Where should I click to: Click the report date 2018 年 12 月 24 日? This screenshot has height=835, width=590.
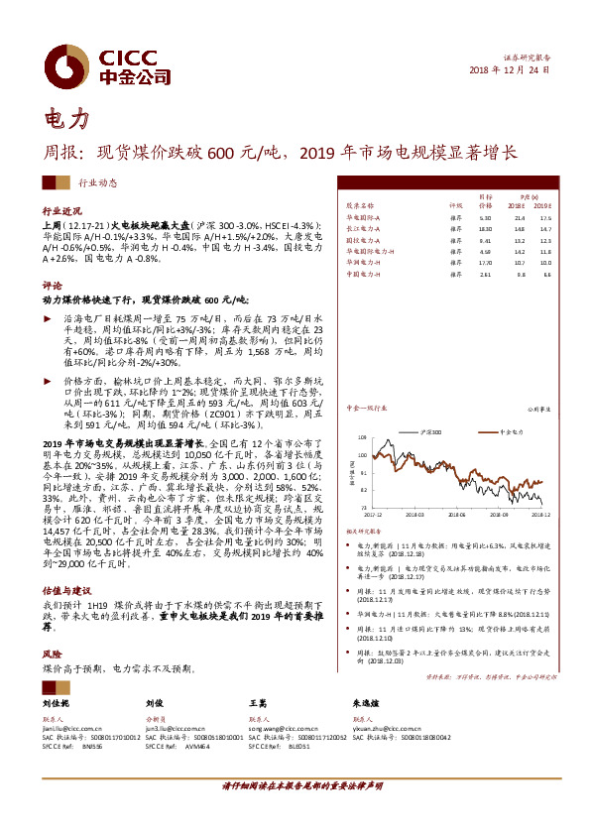tap(507, 72)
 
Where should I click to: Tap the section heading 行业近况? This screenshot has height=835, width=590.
tap(61, 212)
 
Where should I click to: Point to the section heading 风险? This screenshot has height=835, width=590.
tap(52, 655)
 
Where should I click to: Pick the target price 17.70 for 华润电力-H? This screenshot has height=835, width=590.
tap(485, 262)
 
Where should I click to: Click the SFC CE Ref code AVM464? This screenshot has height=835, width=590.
tap(194, 745)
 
